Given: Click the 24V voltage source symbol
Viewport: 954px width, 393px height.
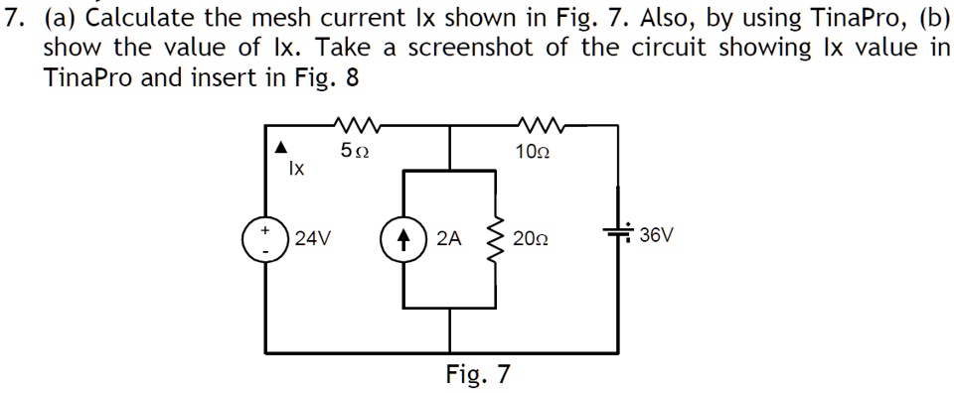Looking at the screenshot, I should point(265,239).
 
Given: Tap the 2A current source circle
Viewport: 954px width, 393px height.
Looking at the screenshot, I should point(404,239).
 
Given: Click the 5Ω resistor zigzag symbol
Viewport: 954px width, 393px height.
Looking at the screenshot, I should point(354,126).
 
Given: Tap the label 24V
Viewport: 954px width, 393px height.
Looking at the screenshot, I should point(313,239).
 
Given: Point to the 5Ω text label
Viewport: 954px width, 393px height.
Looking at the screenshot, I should point(354,152).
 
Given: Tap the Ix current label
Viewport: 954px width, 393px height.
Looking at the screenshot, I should point(295,170).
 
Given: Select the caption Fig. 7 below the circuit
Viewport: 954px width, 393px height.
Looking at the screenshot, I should point(478,374).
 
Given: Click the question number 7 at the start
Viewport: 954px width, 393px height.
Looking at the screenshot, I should point(13,17).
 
